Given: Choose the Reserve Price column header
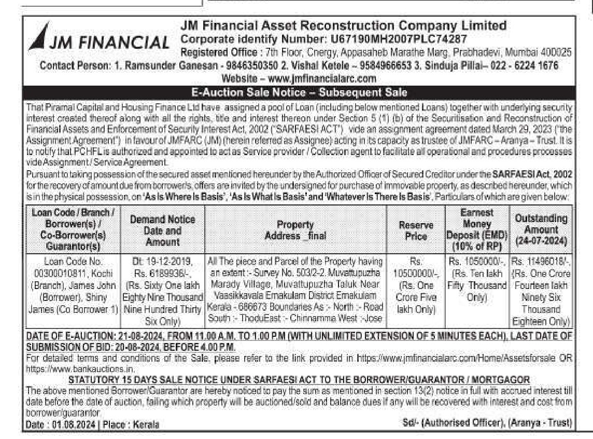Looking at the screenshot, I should click(x=416, y=230).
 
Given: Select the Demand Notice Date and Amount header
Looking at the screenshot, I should click(x=162, y=230).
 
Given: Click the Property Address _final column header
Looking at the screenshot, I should click(x=295, y=230).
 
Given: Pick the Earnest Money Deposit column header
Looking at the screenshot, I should click(x=476, y=230).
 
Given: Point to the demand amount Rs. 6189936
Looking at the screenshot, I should click(x=162, y=270).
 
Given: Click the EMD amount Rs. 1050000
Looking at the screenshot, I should click(x=476, y=260).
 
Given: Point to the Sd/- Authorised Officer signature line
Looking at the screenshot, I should click(x=487, y=422).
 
